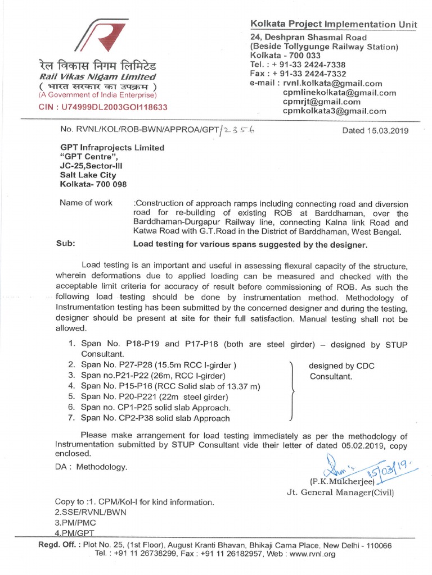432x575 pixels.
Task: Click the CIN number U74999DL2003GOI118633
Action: click(102, 107)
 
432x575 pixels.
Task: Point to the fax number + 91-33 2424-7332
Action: click(298, 74)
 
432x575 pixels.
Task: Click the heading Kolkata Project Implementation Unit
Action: click(334, 24)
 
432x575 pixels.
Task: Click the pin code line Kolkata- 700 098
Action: click(93, 184)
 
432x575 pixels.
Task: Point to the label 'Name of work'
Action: click(86, 203)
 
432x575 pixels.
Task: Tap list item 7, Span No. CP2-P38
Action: click(155, 418)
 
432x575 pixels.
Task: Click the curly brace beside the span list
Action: click(291, 391)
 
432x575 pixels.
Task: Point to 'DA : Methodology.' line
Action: click(91, 467)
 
